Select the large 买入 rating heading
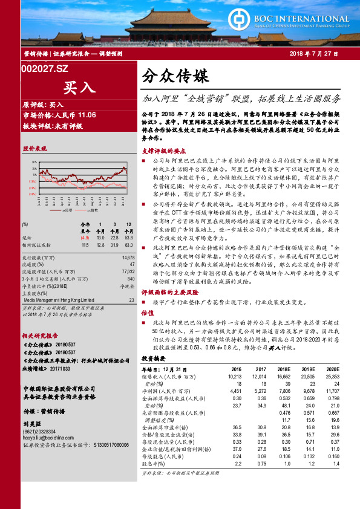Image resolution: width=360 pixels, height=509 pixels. [x=79, y=87]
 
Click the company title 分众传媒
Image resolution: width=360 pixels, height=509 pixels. [x=175, y=77]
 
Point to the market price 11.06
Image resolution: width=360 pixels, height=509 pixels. [x=84, y=114]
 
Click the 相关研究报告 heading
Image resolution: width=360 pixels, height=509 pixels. [x=41, y=336]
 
